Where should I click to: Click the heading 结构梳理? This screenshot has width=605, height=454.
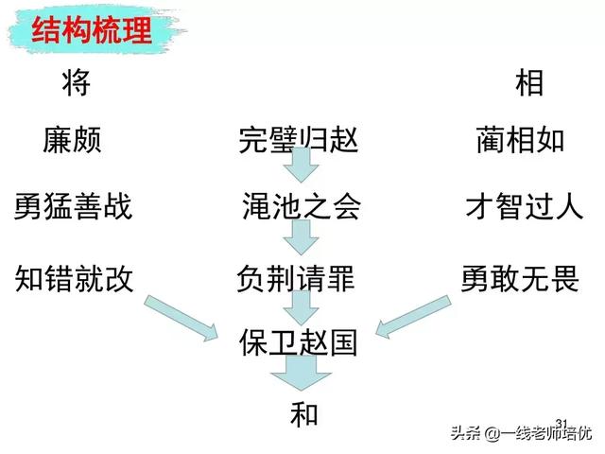click(x=92, y=30)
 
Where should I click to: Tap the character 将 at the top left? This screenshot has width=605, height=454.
click(x=75, y=83)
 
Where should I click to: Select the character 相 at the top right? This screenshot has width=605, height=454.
click(x=528, y=83)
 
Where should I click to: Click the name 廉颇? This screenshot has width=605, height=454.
click(x=72, y=141)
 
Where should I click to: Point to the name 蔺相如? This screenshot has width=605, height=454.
click(x=520, y=141)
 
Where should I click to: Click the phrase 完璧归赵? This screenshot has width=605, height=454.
click(x=300, y=141)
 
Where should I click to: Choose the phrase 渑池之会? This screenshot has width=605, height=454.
click(x=301, y=207)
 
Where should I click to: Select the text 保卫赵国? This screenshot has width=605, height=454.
click(x=299, y=341)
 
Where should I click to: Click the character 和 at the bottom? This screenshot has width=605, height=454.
click(x=303, y=414)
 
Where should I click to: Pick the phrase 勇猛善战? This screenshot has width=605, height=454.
click(x=73, y=206)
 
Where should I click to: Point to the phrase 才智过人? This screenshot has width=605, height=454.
click(x=524, y=206)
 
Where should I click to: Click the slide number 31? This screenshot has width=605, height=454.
click(x=562, y=423)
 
